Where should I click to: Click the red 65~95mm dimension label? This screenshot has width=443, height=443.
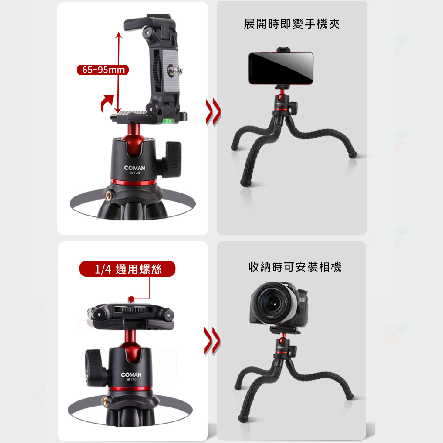[103, 70]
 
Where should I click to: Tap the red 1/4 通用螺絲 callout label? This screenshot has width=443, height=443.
[127, 269]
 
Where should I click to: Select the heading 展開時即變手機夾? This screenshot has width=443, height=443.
[292, 24]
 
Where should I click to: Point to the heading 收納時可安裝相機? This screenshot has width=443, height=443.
[295, 267]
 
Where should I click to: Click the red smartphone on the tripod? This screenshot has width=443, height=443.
[281, 68]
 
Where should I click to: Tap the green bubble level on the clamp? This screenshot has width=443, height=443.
[168, 121]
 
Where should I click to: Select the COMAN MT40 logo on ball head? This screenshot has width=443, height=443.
[131, 376]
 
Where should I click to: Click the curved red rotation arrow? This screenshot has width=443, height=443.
[107, 103]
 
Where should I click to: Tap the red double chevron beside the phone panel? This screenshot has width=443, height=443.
[213, 112]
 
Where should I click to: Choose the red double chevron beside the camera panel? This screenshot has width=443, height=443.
[212, 341]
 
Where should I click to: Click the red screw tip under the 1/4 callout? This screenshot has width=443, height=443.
[131, 299]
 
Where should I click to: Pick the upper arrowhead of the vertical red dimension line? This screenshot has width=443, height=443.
[119, 36]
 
